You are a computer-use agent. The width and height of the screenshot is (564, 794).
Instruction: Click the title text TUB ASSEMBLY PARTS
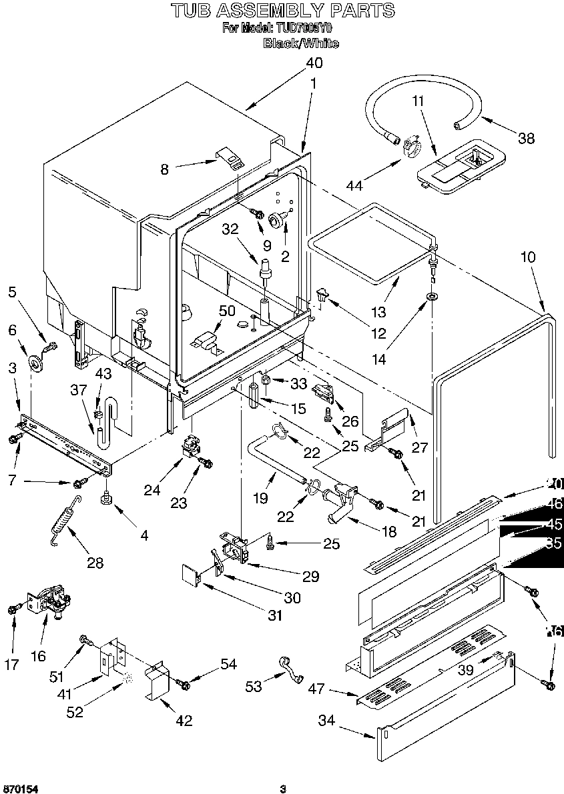pos(282,11)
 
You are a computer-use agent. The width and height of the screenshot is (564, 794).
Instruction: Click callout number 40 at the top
pos(314,63)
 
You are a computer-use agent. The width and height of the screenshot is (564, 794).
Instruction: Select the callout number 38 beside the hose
pos(526,138)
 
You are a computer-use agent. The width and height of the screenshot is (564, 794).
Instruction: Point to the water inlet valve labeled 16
pos(51,599)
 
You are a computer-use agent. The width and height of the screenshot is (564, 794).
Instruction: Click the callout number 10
pos(527,257)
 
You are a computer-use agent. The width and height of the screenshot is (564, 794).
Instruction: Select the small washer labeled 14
pos(432,295)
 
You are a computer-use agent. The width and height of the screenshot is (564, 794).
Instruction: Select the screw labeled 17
pos(12,609)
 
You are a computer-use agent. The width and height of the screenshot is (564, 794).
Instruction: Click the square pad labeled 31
pos(192,575)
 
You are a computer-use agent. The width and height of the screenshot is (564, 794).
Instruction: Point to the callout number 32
pos(230,229)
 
